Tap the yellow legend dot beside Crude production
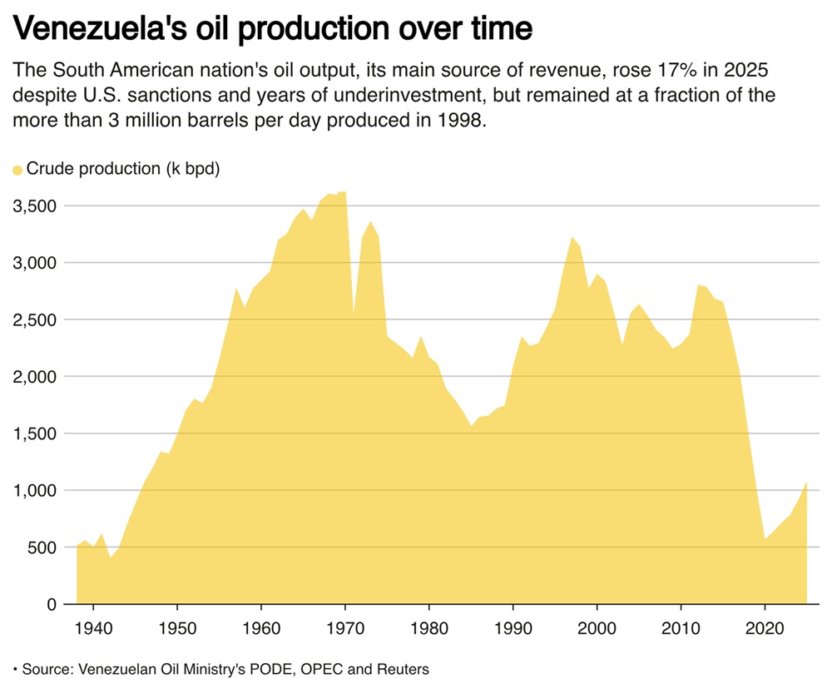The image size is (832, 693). coord(17,170)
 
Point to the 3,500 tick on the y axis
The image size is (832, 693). coord(34,205)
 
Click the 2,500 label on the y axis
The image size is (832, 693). coord(34,319)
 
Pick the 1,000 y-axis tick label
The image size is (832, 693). coord(34,490)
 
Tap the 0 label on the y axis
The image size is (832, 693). coord(51,604)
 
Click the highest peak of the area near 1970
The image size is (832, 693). coord(342,192)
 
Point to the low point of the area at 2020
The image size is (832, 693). coord(765,539)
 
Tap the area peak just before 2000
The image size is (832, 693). coord(572,238)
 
